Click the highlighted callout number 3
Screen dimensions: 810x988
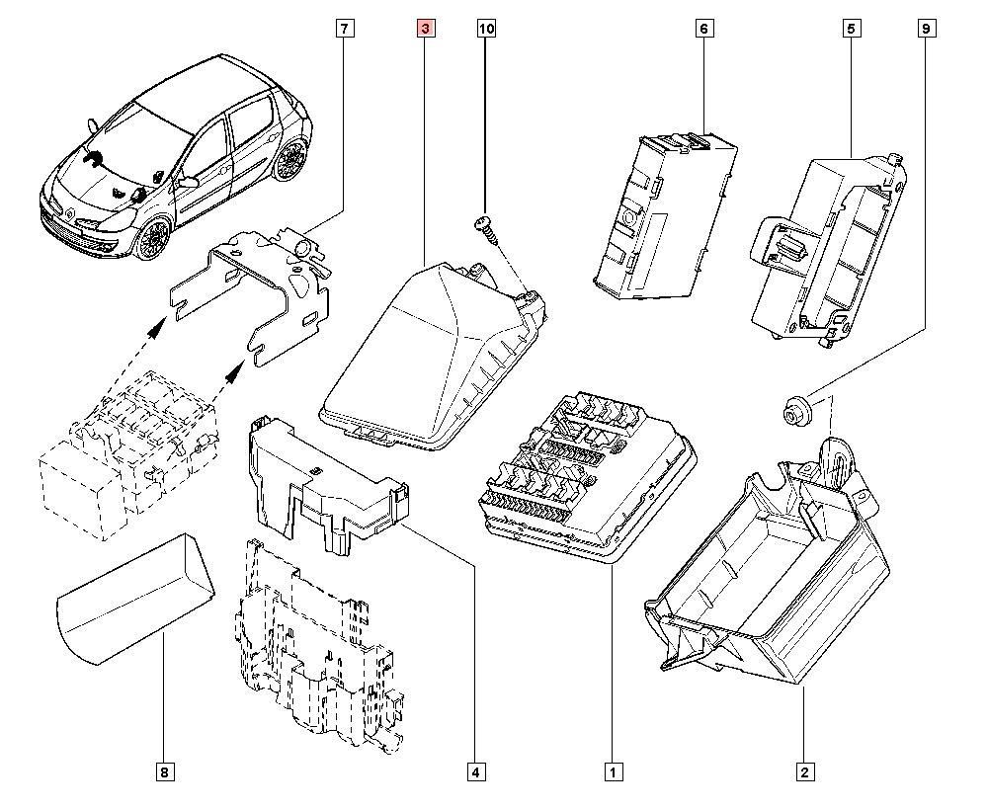[425, 30]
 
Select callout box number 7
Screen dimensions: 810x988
[343, 30]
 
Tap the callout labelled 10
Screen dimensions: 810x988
[486, 30]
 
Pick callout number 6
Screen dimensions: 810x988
[703, 30]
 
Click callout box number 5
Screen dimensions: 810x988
[850, 30]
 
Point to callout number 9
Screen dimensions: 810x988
[925, 30]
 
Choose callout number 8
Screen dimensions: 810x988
[164, 771]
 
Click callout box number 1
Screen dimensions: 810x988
[614, 771]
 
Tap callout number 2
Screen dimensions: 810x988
[805, 771]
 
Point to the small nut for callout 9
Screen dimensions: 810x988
[792, 409]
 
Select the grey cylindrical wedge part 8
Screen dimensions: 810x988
[133, 597]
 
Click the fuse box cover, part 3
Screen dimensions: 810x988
[425, 356]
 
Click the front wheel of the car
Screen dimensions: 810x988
[154, 238]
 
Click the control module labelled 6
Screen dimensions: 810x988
[662, 217]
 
